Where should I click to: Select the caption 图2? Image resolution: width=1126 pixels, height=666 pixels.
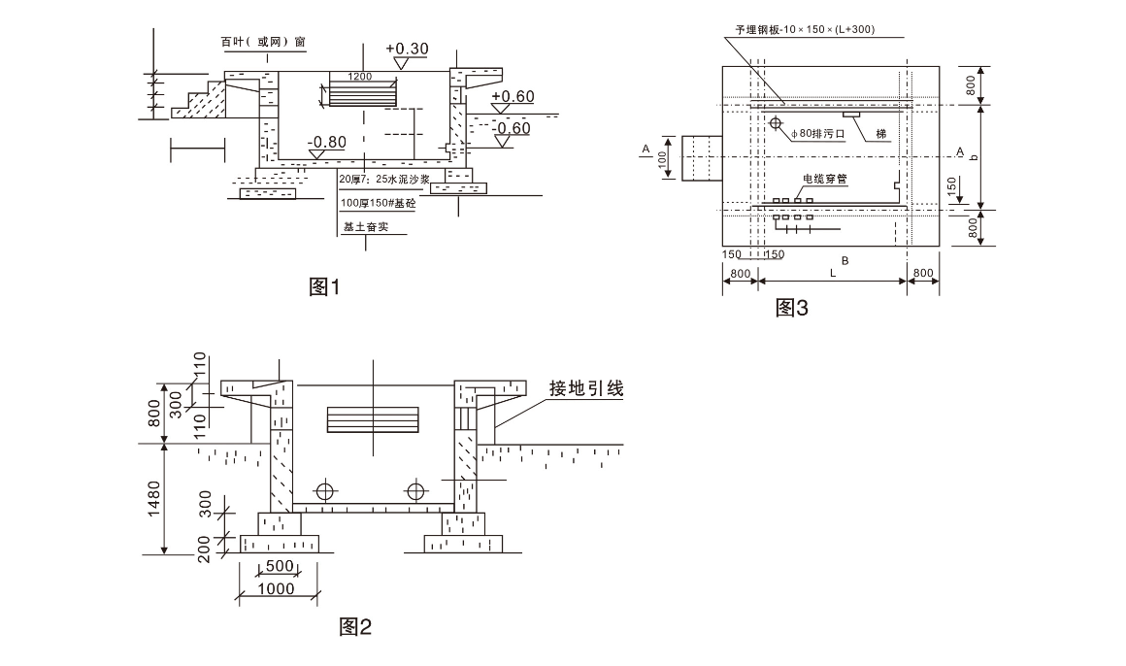point(355,626)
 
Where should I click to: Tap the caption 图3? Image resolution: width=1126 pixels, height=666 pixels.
point(792,308)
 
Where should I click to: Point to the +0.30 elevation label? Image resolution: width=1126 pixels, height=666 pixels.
point(407,49)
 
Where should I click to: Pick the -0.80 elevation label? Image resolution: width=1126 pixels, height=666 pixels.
point(326,142)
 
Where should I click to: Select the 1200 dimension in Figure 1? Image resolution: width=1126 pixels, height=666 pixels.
point(360,76)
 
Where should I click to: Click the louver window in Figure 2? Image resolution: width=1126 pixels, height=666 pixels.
point(373,418)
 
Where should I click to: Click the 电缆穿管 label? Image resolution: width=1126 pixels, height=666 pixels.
point(825,180)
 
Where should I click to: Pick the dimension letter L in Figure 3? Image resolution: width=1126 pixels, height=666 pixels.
point(832,275)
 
